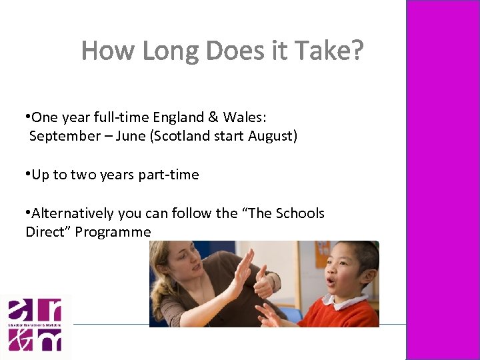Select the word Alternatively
coord(73,213)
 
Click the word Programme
coord(113,232)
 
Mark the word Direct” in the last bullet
coord(48,232)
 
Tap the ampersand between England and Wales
coord(213,118)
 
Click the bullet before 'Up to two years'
coord(28,175)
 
